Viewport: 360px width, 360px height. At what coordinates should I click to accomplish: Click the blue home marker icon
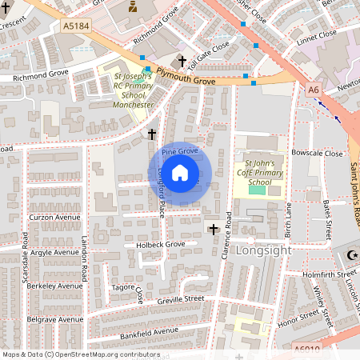[x=180, y=173]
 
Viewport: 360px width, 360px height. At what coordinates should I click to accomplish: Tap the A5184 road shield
[x=76, y=26]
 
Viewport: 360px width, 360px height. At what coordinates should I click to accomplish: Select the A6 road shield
[x=314, y=90]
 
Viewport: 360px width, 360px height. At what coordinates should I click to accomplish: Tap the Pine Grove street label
[x=180, y=150]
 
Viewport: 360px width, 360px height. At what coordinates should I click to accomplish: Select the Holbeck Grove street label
[x=160, y=244]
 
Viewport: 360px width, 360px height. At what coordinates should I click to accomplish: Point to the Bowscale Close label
[x=317, y=153]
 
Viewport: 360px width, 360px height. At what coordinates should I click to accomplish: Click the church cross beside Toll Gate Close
[x=182, y=61]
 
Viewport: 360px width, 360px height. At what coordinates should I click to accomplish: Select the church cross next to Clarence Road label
[x=214, y=230]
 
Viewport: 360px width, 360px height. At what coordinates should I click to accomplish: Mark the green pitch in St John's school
[x=257, y=189]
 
